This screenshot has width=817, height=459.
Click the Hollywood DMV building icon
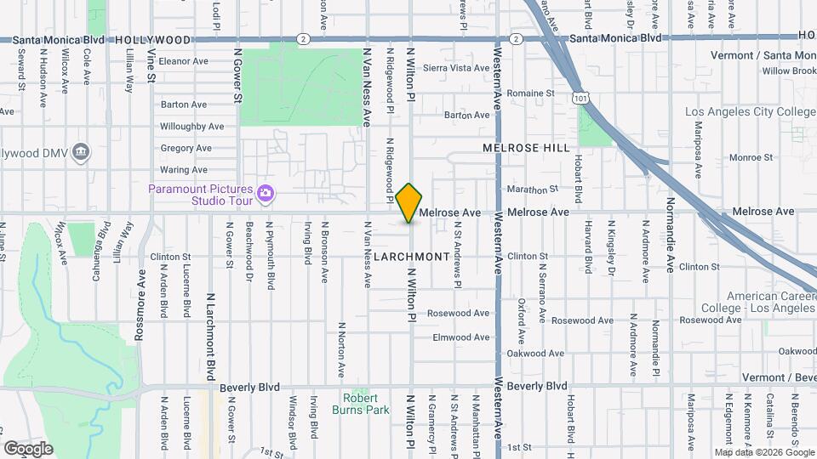point(81,152)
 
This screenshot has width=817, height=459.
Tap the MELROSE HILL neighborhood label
point(526,148)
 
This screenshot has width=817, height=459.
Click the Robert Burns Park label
point(366,404)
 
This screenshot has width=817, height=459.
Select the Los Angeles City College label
point(750,112)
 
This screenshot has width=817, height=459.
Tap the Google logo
point(28,448)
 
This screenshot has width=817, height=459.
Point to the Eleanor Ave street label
point(183,61)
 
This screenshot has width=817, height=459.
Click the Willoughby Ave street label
point(191,127)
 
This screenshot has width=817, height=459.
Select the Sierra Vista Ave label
point(456,68)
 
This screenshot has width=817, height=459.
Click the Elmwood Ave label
point(462,337)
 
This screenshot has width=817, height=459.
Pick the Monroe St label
point(750,157)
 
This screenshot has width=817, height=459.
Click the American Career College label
point(759,301)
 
